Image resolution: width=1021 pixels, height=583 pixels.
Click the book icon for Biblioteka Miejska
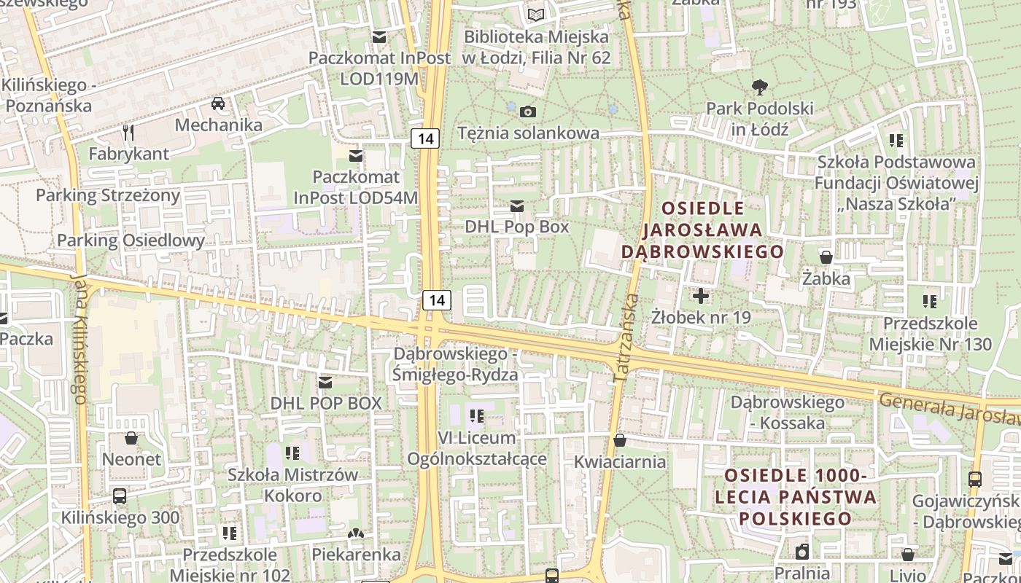coord(536,15)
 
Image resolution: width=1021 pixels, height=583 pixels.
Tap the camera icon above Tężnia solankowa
coord(528,111)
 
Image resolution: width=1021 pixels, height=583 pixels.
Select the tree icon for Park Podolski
coord(759,87)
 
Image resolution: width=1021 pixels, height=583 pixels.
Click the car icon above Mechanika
coord(218,103)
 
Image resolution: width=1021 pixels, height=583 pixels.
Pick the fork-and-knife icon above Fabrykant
coord(129,132)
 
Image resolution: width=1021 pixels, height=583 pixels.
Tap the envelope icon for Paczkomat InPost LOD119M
coord(379,36)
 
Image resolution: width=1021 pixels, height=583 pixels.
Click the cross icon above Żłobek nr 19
coord(701,296)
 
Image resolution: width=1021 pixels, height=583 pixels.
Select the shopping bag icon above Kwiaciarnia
coord(619,440)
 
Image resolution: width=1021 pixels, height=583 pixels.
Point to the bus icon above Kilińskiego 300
coord(120,496)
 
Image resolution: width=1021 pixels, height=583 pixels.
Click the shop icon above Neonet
coord(131,438)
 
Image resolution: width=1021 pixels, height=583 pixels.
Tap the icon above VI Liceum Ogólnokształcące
coord(477,416)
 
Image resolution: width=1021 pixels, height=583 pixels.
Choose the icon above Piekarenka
coord(356,535)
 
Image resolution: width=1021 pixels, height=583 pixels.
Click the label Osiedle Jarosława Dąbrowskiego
coord(702,230)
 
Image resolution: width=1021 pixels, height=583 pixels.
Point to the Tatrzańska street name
coord(625,339)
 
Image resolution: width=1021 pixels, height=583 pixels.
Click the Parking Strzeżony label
coord(108,195)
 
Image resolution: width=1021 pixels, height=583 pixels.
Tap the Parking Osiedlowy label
coord(131,240)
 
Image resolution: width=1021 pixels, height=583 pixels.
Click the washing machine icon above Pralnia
coord(802,551)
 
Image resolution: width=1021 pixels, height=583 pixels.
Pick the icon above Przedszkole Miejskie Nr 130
coord(929,301)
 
